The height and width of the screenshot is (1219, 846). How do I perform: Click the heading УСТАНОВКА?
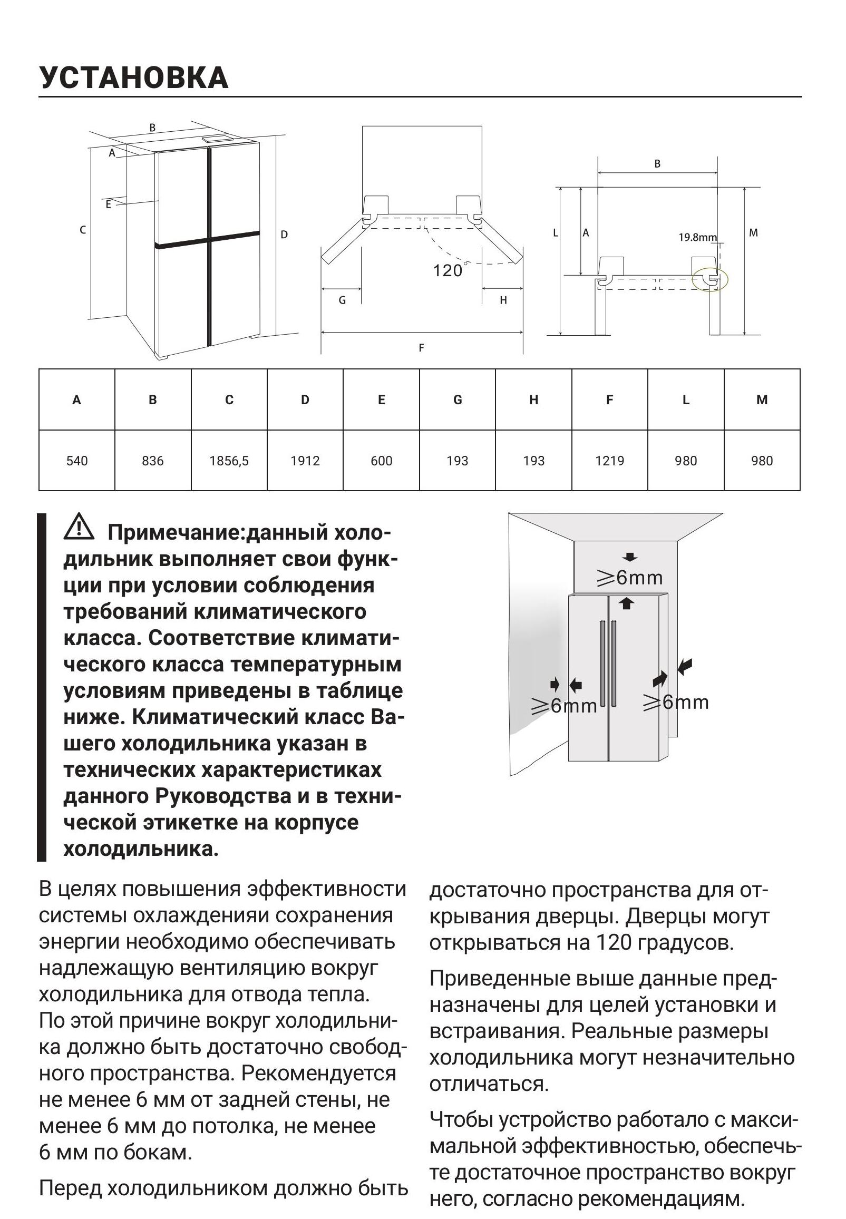pos(133,77)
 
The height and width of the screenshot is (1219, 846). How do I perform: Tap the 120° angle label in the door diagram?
pos(449,271)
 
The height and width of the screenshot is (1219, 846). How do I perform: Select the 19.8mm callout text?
pos(697,238)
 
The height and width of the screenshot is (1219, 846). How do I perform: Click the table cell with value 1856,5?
pos(229,461)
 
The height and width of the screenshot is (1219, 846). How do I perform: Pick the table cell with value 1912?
pos(305,461)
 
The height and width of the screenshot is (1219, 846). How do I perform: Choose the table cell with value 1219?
pos(609,461)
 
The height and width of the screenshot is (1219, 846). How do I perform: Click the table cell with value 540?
pos(77,461)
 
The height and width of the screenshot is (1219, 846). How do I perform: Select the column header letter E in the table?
pos(382,400)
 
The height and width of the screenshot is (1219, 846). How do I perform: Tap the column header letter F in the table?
pos(609,400)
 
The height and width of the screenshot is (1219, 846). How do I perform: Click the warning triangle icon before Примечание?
pos(79,526)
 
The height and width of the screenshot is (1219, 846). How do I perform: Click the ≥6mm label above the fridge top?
pos(630,578)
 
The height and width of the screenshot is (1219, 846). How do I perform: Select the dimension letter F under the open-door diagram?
pos(421,348)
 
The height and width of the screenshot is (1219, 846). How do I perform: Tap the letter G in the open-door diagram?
pos(343,300)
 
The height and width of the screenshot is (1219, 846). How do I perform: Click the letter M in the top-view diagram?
pos(754,232)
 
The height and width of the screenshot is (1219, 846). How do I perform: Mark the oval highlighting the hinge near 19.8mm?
pos(711,279)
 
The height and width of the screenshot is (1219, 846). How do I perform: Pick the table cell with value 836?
pos(153,461)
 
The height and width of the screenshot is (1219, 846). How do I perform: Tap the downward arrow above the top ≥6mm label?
pos(630,557)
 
